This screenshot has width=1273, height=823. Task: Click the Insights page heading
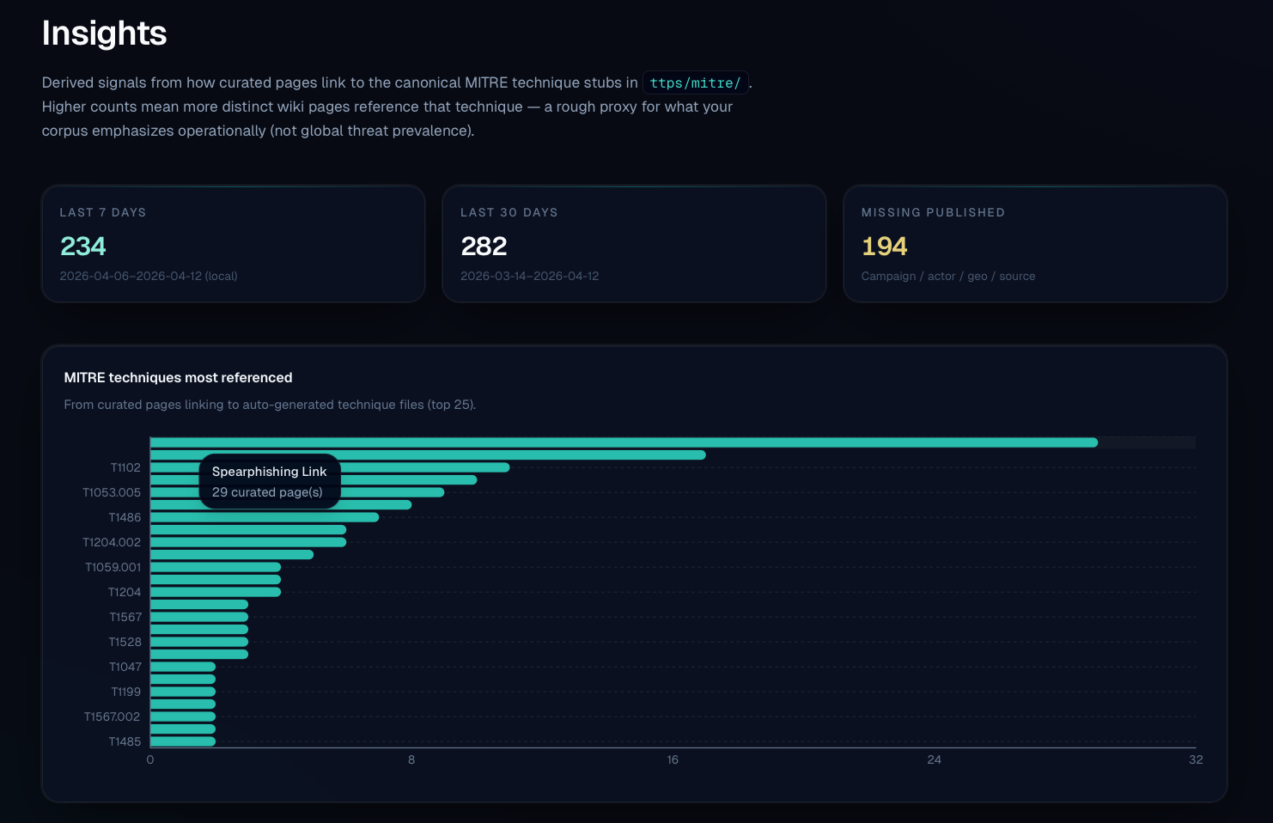point(104,34)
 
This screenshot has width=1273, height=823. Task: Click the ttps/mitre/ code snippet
point(695,82)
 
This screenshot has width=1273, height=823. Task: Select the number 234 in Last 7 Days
point(83,247)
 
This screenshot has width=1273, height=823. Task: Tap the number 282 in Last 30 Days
point(484,247)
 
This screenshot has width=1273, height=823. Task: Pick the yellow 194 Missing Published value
point(884,247)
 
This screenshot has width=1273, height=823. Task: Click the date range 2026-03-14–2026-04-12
point(529,276)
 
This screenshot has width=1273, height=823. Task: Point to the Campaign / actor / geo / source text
point(947,276)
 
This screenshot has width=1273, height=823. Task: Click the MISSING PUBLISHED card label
point(932,212)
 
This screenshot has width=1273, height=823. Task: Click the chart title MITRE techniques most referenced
point(178,377)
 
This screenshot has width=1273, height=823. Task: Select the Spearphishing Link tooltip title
point(269,472)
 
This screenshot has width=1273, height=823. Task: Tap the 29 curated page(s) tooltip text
point(267,492)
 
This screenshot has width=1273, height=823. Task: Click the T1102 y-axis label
point(125,467)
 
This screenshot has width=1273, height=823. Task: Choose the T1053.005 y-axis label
point(112,492)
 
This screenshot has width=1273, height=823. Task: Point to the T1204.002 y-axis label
point(112,542)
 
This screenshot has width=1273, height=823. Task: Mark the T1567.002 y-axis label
point(112,716)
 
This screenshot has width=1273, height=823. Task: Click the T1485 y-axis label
point(125,741)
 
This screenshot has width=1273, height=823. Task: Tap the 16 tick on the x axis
point(673,759)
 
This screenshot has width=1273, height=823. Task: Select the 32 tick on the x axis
point(1195,759)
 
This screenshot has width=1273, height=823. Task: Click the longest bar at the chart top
point(624,442)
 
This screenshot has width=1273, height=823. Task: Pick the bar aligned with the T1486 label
point(265,517)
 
